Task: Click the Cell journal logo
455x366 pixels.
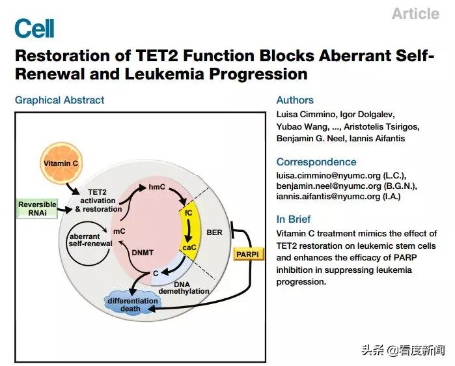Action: tap(34, 29)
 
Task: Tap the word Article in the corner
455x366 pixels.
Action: tap(415, 14)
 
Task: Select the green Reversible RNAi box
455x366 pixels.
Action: tap(36, 208)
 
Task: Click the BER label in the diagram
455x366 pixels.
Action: tap(214, 231)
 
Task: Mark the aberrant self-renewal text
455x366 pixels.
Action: tap(89, 239)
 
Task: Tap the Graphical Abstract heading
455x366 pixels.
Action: tap(59, 100)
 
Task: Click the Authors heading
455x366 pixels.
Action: tap(295, 100)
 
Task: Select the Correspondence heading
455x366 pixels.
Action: tap(316, 162)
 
